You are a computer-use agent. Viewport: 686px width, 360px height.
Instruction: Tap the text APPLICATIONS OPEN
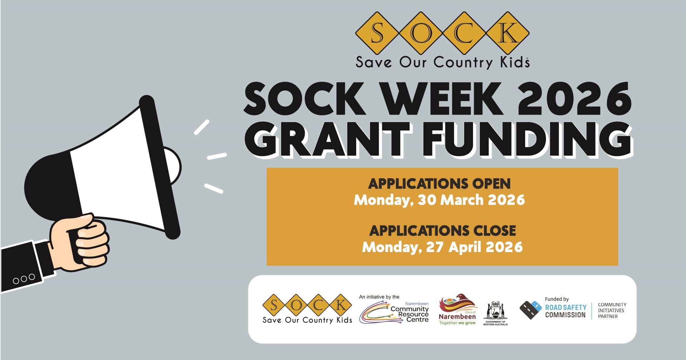pos(439,184)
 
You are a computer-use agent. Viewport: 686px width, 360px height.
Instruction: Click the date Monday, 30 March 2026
pos(439,200)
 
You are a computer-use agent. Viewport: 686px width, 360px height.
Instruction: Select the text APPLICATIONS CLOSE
pos(442,231)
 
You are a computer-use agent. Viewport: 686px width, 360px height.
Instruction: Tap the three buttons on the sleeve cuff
pos(24,279)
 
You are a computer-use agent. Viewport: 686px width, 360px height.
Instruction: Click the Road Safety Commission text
pos(566,311)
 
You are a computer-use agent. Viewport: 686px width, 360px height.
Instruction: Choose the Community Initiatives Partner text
pos(612,310)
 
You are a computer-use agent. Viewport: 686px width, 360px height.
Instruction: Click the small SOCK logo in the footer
pos(307,309)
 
